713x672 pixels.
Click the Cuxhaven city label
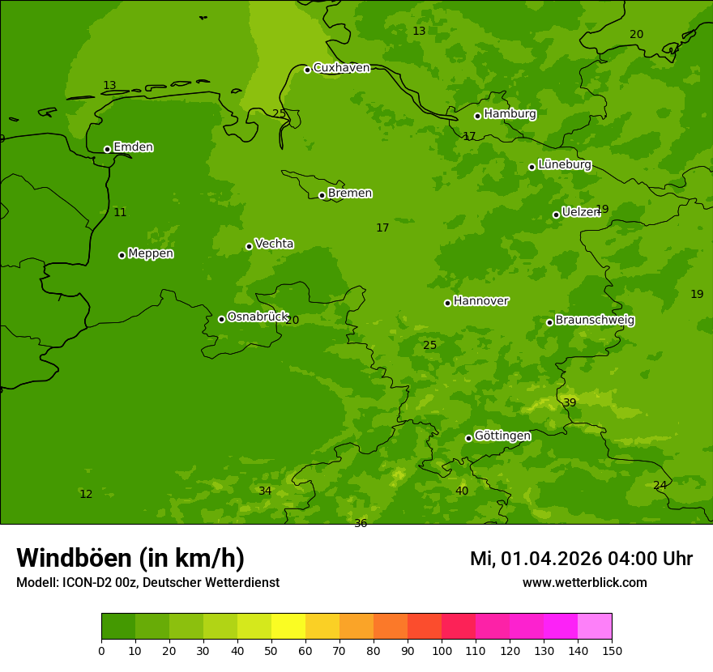tap(341, 68)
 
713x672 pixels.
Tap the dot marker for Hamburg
tap(477, 116)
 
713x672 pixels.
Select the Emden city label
tap(133, 147)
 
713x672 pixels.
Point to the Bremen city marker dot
tap(322, 195)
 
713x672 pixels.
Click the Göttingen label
tap(502, 436)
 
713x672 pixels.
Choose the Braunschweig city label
tap(595, 321)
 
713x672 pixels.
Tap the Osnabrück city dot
tap(221, 319)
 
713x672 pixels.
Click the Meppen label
tap(151, 253)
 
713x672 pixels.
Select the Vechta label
tap(274, 244)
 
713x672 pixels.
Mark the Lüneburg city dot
tap(532, 167)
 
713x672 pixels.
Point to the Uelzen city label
tap(580, 212)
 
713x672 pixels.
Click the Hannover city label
tap(480, 301)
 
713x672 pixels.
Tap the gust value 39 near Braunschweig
tap(570, 402)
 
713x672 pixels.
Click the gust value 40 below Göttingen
tap(462, 491)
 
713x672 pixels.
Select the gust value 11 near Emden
tap(120, 212)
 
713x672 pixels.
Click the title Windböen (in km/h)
tap(130, 558)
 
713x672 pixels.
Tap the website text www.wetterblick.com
tap(584, 582)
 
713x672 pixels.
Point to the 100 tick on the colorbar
tap(442, 650)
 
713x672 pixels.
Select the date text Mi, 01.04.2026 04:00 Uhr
tap(581, 559)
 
